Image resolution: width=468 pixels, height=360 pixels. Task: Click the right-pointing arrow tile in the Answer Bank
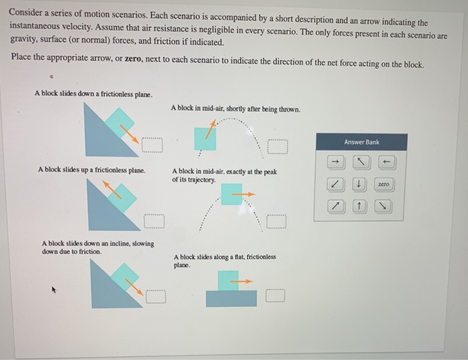pos(336,162)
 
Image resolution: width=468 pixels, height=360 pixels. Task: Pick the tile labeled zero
pos(383,184)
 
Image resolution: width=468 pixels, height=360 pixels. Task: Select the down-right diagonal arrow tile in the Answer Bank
pos(383,206)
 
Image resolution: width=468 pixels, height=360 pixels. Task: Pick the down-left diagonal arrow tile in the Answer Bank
pos(336,184)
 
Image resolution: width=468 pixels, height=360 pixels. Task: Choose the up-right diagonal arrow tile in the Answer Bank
pos(336,206)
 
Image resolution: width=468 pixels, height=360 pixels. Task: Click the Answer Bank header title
pos(361,142)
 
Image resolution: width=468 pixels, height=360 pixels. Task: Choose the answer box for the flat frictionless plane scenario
pos(277,295)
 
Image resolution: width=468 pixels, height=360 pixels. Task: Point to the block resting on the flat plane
pos(228,281)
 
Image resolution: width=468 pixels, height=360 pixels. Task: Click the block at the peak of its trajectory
pos(231,194)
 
